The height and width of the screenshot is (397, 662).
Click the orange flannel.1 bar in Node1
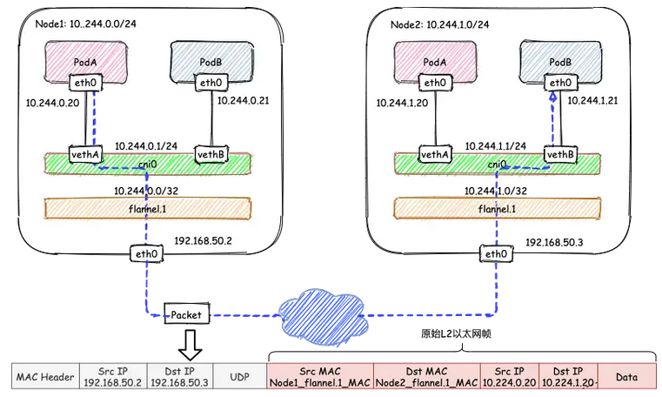(x=147, y=208)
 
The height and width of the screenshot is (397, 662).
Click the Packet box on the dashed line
(x=187, y=313)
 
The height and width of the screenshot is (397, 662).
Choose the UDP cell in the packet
(x=239, y=376)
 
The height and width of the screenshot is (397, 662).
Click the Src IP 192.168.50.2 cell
(x=111, y=376)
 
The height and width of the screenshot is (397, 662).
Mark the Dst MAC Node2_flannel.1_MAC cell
(x=427, y=376)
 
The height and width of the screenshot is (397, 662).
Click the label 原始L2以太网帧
(x=452, y=334)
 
